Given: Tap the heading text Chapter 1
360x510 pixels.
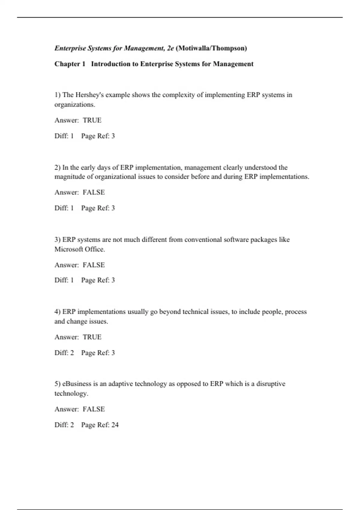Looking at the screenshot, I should (x=70, y=64).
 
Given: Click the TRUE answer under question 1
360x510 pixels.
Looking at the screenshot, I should (x=92, y=120).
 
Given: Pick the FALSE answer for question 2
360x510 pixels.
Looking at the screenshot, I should (x=94, y=192).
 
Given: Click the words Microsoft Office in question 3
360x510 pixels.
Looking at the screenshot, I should (x=79, y=249).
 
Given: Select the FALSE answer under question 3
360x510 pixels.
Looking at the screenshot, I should (x=94, y=265).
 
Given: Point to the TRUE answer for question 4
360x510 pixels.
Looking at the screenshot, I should (x=92, y=337).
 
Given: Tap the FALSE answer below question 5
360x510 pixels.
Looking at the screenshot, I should (x=94, y=409).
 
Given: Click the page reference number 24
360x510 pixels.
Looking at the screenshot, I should (x=115, y=425).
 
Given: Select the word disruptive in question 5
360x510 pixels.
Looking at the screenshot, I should (x=271, y=384).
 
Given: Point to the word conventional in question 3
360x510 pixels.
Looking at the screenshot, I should (x=203, y=240).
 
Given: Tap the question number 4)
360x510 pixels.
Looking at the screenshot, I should (x=58, y=312).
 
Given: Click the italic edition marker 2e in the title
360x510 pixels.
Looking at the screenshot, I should (x=170, y=48).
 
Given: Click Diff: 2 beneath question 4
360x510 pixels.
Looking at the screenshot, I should (x=64, y=353).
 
